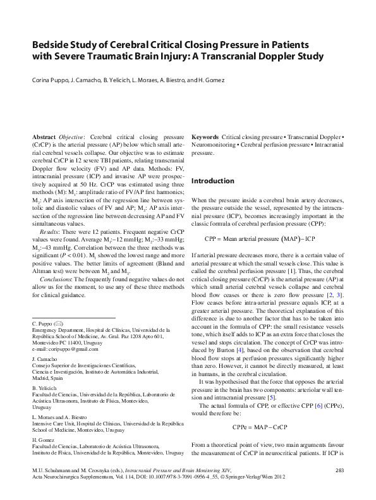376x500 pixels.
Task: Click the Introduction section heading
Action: click(x=212, y=181)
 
